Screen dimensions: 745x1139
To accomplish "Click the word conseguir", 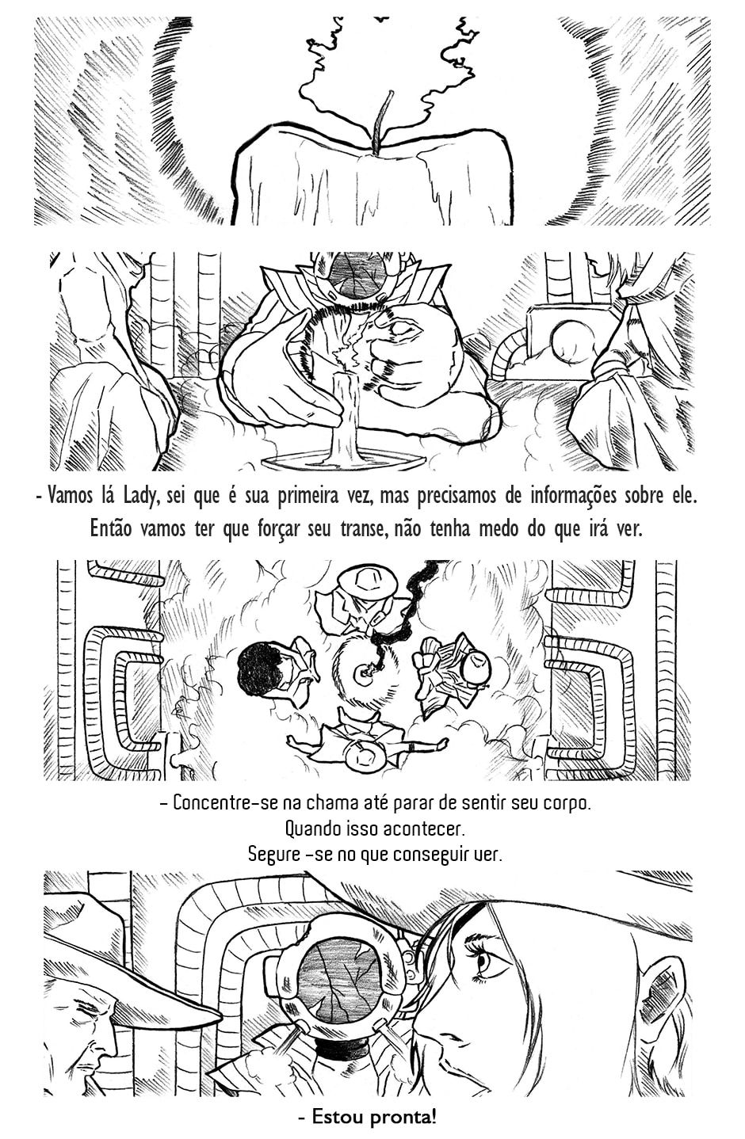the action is [x=418, y=855].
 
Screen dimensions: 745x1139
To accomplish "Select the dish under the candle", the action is [x=343, y=459].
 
